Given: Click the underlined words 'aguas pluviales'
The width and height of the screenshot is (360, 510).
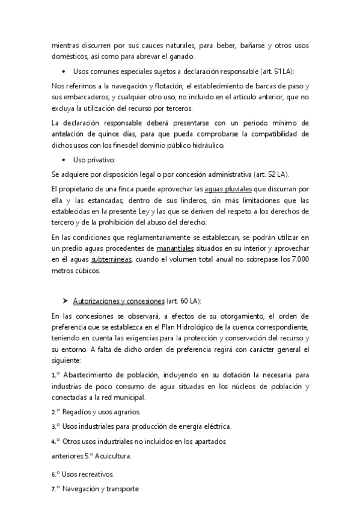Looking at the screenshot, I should (x=228, y=189).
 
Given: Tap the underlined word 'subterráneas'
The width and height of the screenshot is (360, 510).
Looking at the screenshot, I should (x=112, y=259).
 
